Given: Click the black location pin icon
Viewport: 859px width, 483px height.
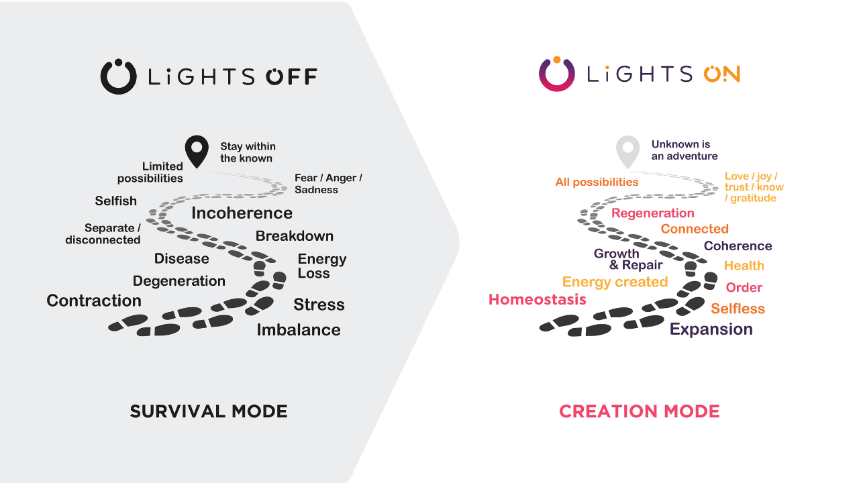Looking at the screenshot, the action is click(197, 151).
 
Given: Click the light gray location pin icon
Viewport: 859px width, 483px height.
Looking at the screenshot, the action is click(627, 151).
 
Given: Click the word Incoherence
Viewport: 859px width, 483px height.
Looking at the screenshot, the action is click(242, 213).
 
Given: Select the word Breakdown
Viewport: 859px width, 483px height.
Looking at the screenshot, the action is click(295, 236).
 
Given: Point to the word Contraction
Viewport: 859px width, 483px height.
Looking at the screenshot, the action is click(94, 301).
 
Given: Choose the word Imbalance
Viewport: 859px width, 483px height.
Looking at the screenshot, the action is click(299, 330).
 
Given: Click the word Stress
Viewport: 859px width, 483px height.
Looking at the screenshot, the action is click(319, 305).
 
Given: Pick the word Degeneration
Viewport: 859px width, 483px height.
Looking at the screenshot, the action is click(179, 281).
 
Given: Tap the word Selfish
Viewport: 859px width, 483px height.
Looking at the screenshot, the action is click(116, 201).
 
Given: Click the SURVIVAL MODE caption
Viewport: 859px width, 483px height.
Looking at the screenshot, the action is click(209, 411).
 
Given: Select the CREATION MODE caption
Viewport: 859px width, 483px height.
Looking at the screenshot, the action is click(640, 411).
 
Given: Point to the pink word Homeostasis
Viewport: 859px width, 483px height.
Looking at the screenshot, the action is click(538, 299).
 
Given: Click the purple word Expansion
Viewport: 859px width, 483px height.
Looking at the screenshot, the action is click(711, 329).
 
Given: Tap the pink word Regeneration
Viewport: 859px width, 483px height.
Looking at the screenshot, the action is click(653, 213).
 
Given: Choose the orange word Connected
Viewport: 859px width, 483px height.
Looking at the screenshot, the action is click(695, 229).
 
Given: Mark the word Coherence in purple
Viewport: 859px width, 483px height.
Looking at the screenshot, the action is click(738, 246).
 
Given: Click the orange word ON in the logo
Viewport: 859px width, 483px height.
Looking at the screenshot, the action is click(721, 74).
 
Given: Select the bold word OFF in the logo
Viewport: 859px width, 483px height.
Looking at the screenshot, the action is click(292, 76).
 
